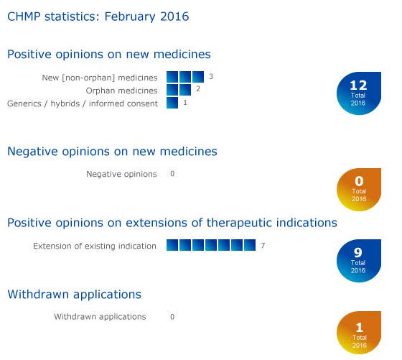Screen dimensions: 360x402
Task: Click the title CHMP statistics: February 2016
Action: (x=98, y=16)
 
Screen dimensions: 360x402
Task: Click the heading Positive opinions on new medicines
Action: (x=108, y=54)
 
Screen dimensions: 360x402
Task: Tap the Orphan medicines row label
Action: (x=121, y=91)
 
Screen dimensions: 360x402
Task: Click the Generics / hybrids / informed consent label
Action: (x=83, y=103)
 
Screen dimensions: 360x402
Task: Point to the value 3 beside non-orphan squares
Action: (x=211, y=76)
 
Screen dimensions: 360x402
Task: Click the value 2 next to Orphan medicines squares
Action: (x=198, y=89)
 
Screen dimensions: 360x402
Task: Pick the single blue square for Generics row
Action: (x=172, y=103)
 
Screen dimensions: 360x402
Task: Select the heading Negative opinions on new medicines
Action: (x=112, y=152)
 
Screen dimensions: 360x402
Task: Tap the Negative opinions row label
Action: (x=121, y=174)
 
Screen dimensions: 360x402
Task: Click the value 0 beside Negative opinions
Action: (x=172, y=174)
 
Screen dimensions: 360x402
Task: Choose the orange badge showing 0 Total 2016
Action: (x=358, y=190)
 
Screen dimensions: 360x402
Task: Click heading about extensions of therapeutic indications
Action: (x=172, y=223)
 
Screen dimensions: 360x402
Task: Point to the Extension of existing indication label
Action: (x=95, y=246)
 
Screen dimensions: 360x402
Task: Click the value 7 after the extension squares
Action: (x=263, y=246)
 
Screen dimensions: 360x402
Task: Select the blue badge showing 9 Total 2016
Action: (x=358, y=261)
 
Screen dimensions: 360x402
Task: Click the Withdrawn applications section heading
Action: (x=74, y=294)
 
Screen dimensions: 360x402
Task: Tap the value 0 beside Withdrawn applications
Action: (x=172, y=316)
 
